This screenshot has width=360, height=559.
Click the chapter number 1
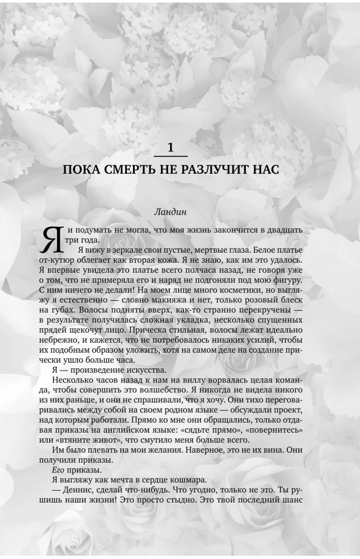pos(170,148)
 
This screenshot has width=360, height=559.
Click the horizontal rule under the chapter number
pos(170,156)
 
